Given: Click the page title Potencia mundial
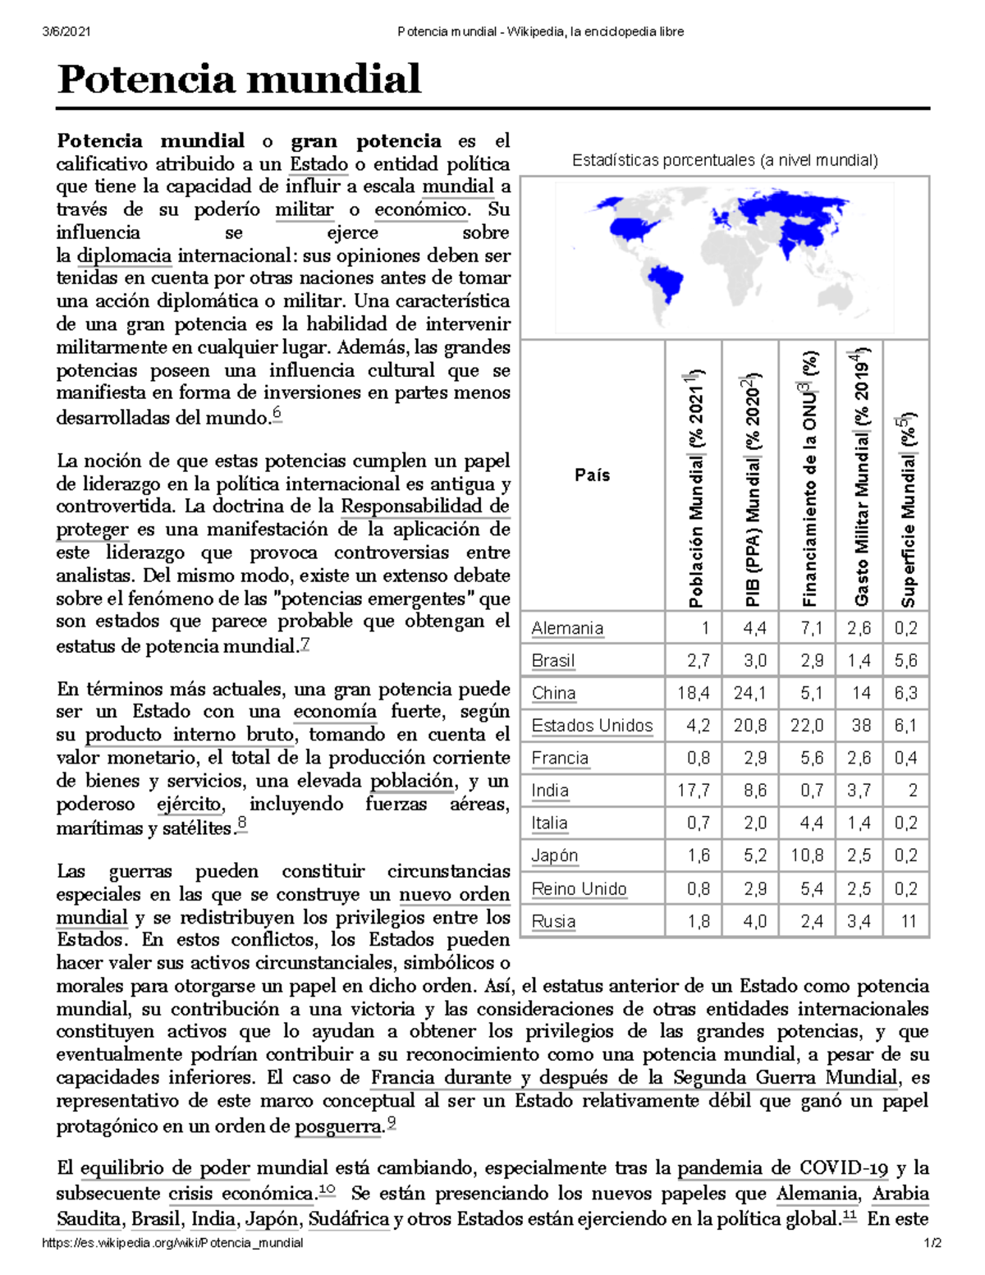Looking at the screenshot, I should tap(239, 80).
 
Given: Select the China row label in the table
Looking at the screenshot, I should tap(553, 693).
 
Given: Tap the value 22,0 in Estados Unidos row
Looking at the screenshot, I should tap(806, 726).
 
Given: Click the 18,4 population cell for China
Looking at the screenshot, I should tap(693, 693).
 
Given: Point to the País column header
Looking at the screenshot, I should tap(592, 475).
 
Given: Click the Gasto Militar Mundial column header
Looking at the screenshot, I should tap(860, 476).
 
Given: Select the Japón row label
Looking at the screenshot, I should tap(554, 855).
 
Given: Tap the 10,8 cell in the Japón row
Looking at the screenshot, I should tap(806, 855).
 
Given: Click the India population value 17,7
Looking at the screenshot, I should tap(693, 791).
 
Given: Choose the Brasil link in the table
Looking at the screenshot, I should tap(552, 661).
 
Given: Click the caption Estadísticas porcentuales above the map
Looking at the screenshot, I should tap(725, 161).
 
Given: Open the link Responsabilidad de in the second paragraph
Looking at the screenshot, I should tap(425, 507).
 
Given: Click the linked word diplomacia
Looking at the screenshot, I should tap(124, 255).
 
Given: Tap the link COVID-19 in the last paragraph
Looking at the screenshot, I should tap(844, 1167).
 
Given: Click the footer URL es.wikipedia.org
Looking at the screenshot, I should tap(172, 1243).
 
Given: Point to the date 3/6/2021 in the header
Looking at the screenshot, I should tap(66, 32).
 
